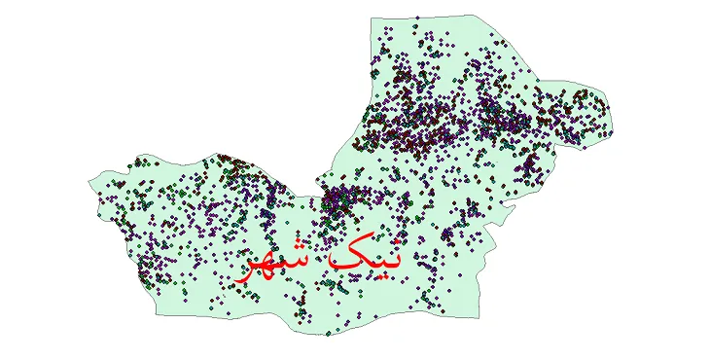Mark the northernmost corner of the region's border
[474, 15]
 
